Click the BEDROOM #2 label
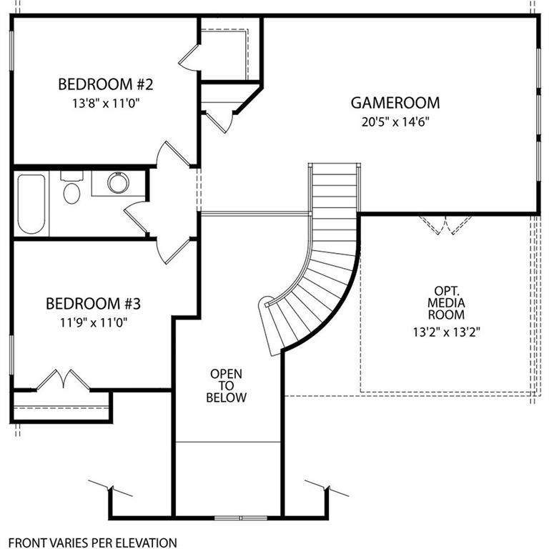tap(106, 84)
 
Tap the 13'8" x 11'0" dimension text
tap(106, 102)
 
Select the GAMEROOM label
tap(395, 103)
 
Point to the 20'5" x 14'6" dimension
tap(395, 121)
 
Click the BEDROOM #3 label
tap(94, 303)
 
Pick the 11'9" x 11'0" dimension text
tap(94, 321)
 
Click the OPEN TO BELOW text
tap(226, 385)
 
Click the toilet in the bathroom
tap(71, 190)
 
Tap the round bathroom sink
tap(117, 182)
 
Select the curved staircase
tap(322, 264)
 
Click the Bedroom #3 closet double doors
tap(64, 380)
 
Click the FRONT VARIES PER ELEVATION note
tap(92, 543)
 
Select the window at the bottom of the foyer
tap(240, 517)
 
